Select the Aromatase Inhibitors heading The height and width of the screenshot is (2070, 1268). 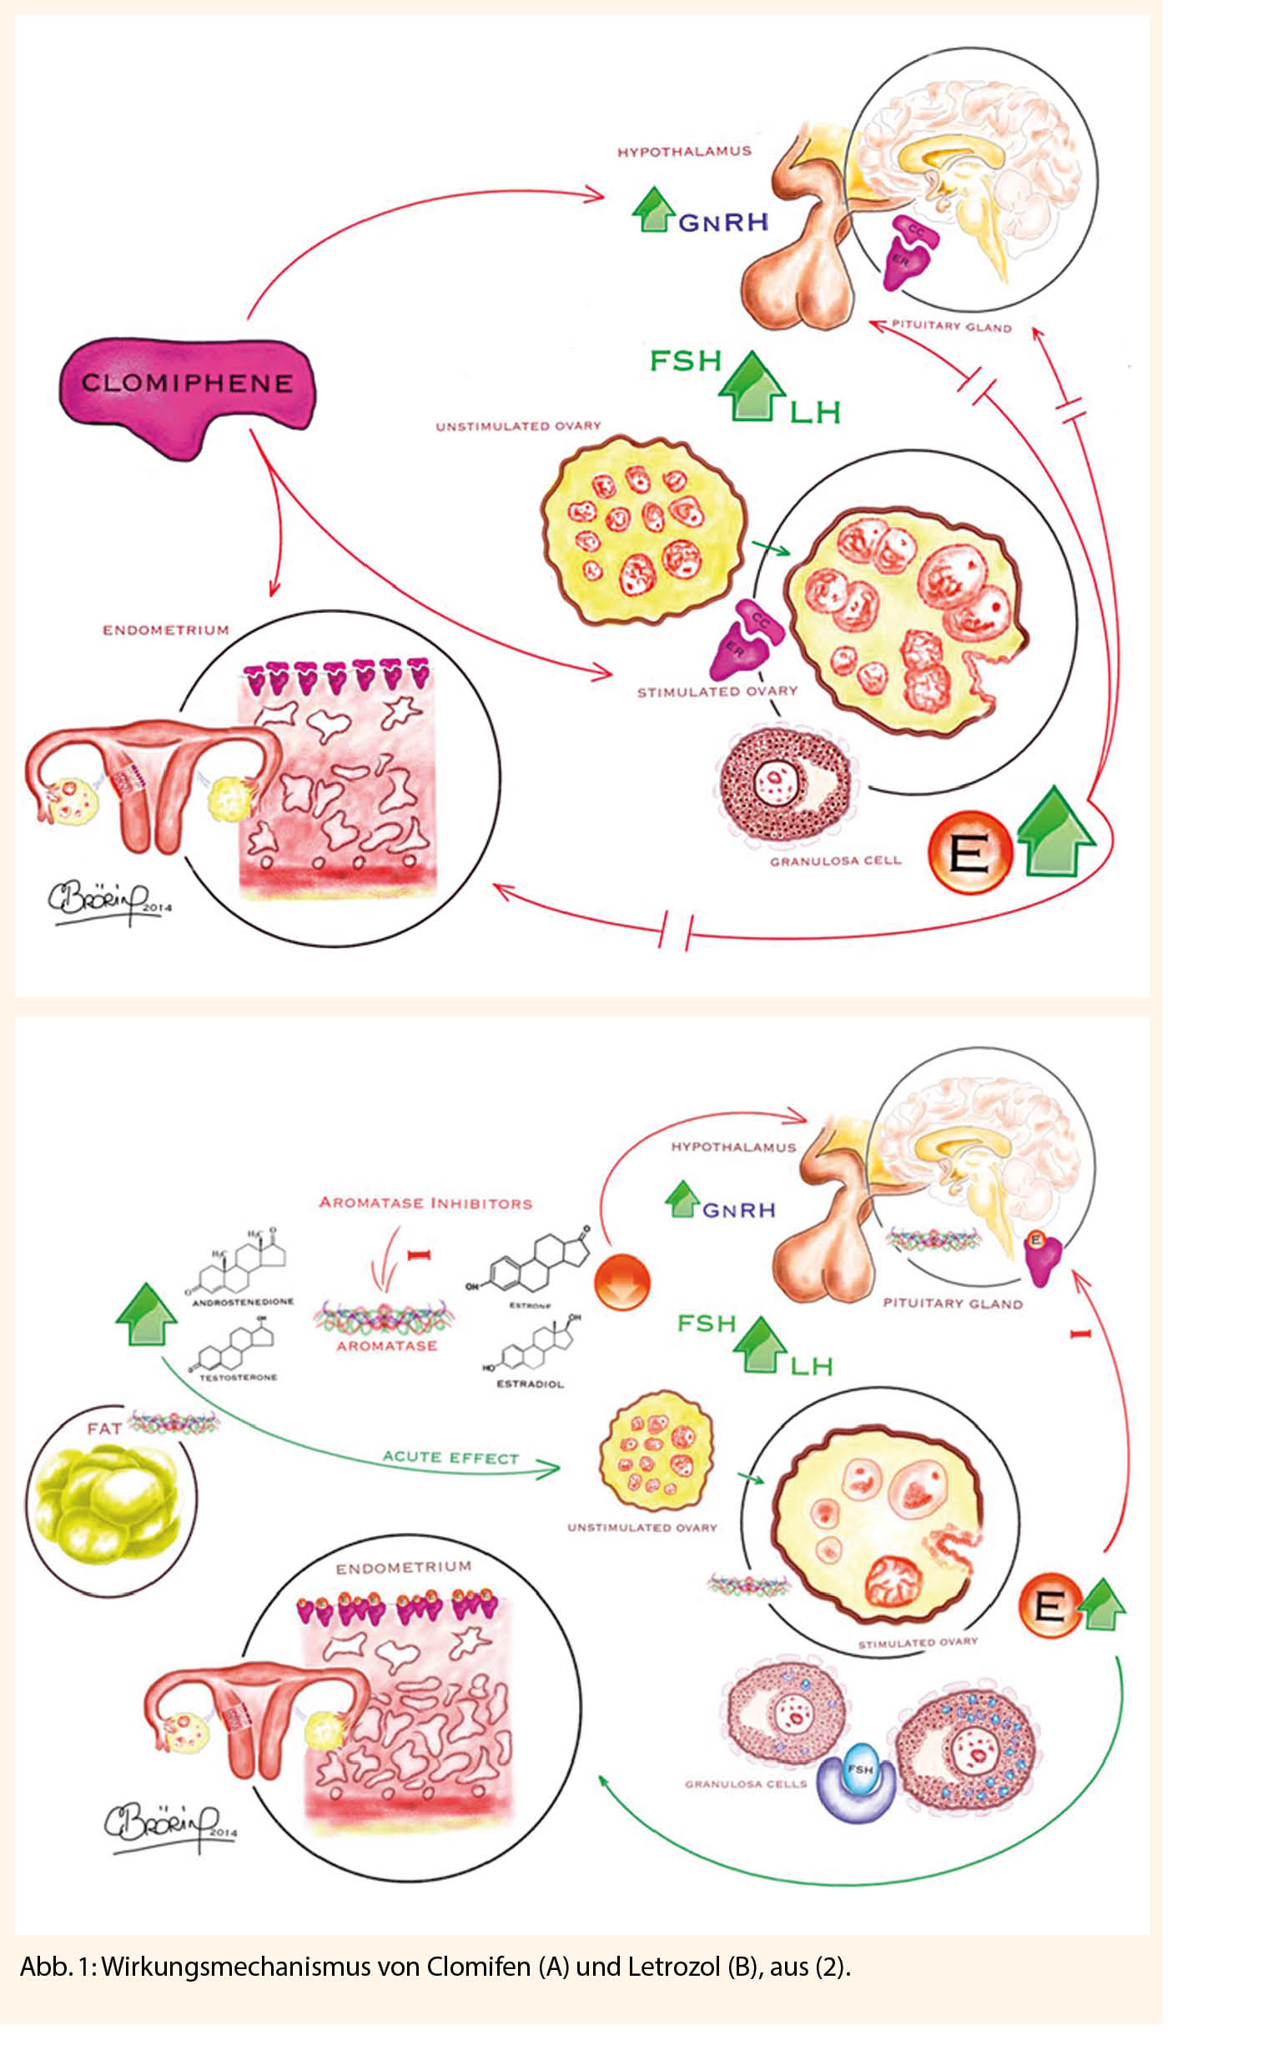coord(425,1203)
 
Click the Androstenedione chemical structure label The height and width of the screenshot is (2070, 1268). coord(243,1301)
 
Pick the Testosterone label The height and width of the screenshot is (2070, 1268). coord(238,1377)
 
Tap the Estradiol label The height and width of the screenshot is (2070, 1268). coord(530,1383)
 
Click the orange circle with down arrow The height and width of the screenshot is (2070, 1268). coord(621,1281)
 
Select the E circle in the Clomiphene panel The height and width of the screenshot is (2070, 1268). coord(969,852)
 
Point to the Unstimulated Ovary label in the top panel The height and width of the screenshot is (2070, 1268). coord(517,426)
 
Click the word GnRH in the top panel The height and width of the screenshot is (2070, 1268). coord(722,223)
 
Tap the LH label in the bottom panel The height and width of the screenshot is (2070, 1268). coord(811,1365)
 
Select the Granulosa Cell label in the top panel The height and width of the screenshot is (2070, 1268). coord(834,860)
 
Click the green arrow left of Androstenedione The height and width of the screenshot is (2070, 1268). coord(146,1314)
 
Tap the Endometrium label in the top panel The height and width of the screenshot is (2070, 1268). coord(165,629)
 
